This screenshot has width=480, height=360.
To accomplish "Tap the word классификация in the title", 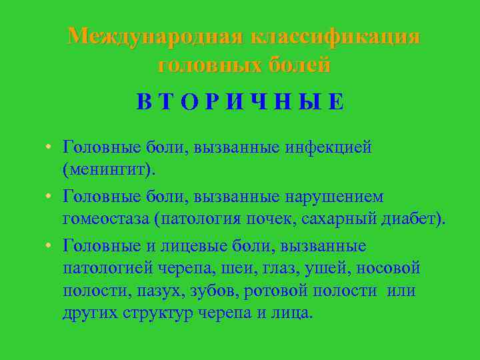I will (335, 36).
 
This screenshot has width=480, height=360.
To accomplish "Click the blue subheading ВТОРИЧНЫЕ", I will (241, 102).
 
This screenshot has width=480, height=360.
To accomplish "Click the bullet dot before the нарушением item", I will (50, 198).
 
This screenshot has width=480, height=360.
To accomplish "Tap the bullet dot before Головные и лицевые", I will (50, 247).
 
